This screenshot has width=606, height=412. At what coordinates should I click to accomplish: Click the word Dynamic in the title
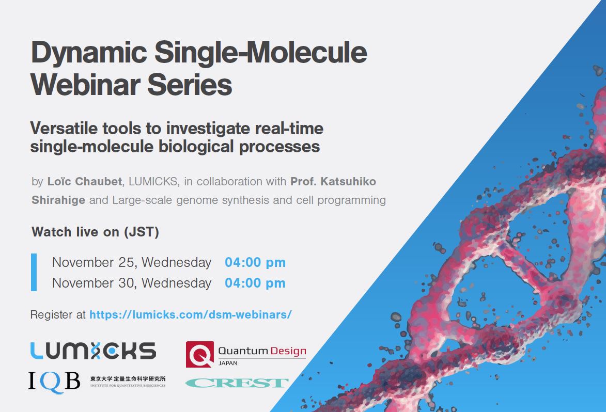click(89, 53)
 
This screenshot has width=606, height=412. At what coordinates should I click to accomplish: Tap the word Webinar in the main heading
click(85, 85)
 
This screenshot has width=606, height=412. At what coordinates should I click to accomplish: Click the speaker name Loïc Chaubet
click(85, 181)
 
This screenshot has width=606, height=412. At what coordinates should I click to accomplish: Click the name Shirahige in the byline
click(58, 200)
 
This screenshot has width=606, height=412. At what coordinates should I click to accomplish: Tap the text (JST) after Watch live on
click(142, 232)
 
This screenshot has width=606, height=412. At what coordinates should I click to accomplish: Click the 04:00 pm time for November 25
click(255, 263)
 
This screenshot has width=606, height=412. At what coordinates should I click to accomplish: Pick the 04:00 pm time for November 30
click(255, 283)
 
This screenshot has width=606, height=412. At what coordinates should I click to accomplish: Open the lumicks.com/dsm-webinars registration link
click(191, 315)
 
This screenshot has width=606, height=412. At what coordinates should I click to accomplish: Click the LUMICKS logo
click(93, 351)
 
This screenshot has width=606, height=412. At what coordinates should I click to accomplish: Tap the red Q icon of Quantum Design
click(200, 354)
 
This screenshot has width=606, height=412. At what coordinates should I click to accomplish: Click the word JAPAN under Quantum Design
click(228, 363)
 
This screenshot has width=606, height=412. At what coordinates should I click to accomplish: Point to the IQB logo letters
click(54, 382)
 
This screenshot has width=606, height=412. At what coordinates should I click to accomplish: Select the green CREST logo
click(237, 383)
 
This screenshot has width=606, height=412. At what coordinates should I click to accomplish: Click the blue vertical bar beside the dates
click(34, 272)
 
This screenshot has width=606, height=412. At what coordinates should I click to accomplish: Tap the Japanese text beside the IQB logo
click(128, 378)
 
